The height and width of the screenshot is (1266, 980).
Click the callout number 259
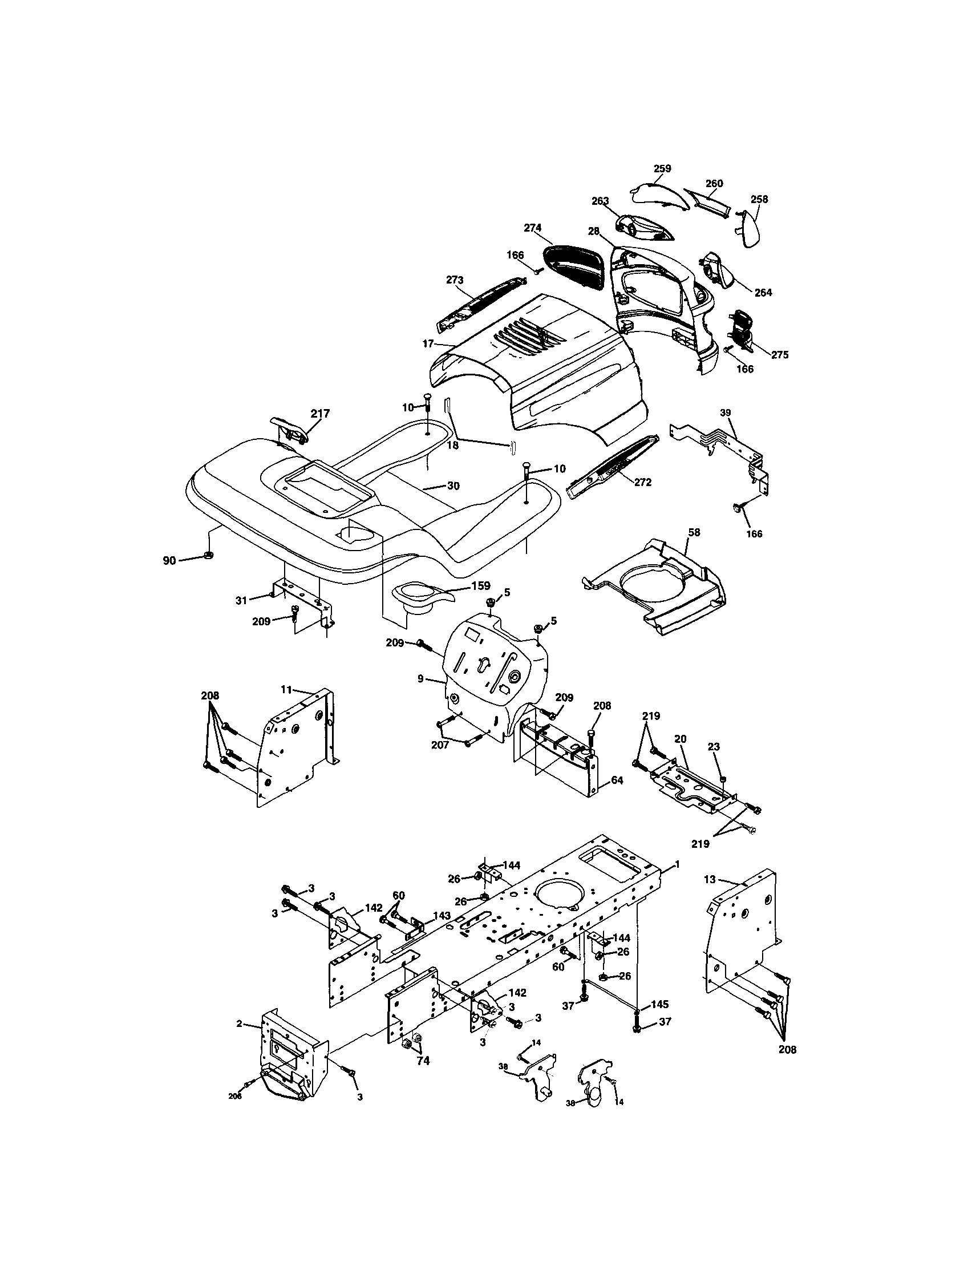(x=662, y=169)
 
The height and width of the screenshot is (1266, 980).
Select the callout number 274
(x=533, y=228)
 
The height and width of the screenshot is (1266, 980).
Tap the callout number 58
(x=694, y=532)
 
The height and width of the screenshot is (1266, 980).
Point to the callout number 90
(x=169, y=560)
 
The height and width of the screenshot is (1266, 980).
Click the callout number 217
(x=320, y=413)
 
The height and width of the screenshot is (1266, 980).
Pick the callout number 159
(x=481, y=585)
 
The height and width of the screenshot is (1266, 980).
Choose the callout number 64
(x=617, y=781)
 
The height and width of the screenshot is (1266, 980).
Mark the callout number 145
(x=659, y=1004)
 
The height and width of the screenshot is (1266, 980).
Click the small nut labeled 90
(x=209, y=556)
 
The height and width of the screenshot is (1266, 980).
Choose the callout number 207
(x=440, y=745)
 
